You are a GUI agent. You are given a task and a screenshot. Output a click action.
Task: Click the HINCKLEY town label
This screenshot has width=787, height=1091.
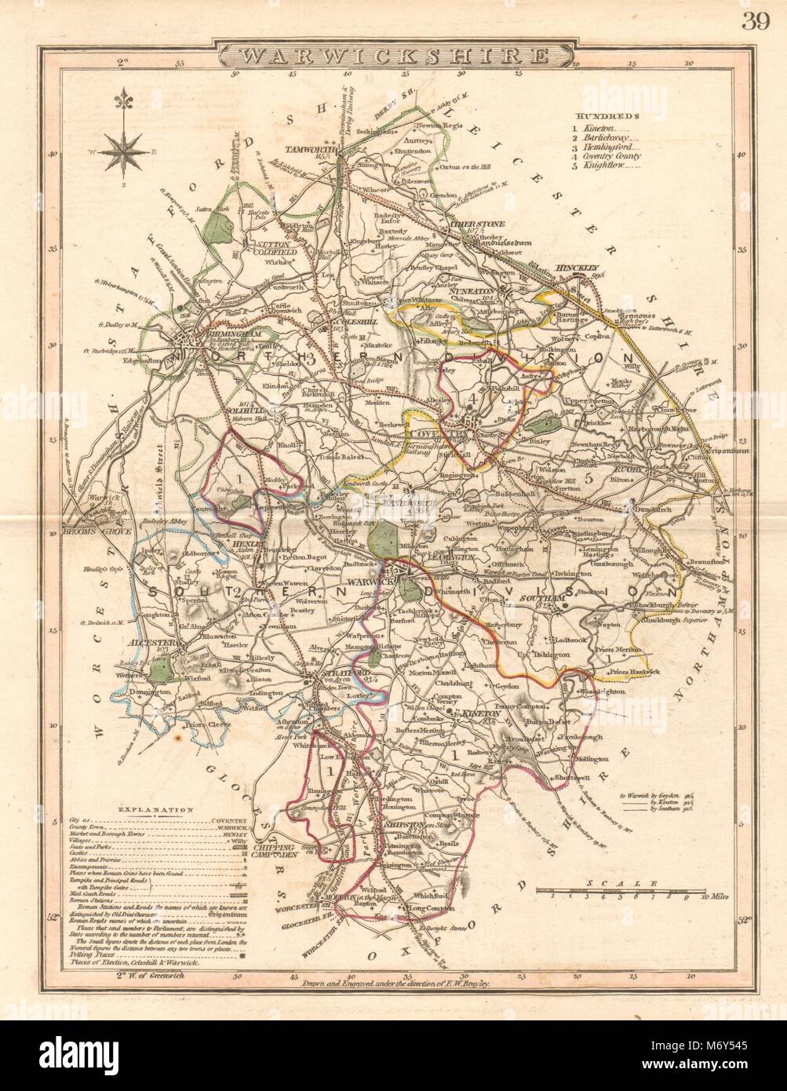(x=577, y=267)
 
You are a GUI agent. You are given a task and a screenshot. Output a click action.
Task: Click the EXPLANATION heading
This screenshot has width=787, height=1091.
(x=156, y=808)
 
